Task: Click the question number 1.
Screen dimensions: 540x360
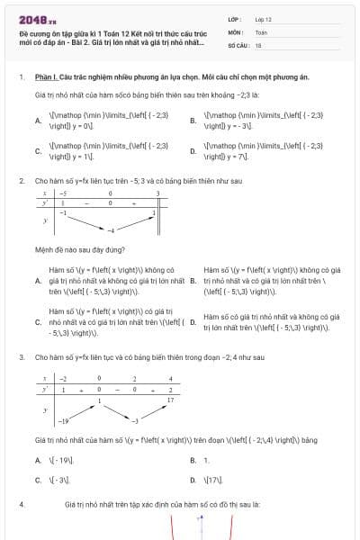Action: click(x=21, y=77)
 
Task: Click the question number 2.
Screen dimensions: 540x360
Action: click(x=21, y=180)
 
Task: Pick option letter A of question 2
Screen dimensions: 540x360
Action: click(x=38, y=281)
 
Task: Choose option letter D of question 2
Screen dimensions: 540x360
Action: click(x=193, y=321)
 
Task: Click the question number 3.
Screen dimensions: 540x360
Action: click(x=21, y=357)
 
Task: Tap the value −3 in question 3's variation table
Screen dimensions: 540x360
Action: click(x=135, y=421)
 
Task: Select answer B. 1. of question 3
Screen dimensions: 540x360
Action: click(x=199, y=460)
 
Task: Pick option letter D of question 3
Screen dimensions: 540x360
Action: click(x=193, y=480)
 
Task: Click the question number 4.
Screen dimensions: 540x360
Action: click(x=21, y=506)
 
